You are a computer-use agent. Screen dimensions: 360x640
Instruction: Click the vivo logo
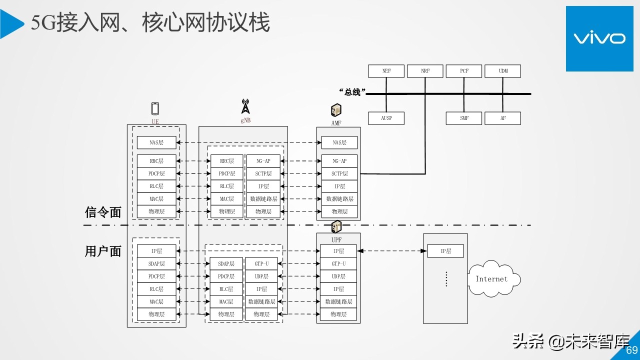pyautogui.click(x=599, y=38)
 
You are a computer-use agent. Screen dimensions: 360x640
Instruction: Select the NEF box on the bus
pyautogui.click(x=386, y=71)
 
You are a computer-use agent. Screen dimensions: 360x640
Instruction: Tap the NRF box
pyautogui.click(x=425, y=71)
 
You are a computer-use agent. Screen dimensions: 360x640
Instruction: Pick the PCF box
pyautogui.click(x=464, y=71)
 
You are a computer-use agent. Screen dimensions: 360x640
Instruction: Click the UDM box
pyautogui.click(x=502, y=71)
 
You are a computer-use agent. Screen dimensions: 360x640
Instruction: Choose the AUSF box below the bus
pyautogui.click(x=386, y=118)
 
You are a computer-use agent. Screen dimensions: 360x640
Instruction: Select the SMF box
pyautogui.click(x=464, y=118)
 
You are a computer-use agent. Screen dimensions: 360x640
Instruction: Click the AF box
pyautogui.click(x=502, y=118)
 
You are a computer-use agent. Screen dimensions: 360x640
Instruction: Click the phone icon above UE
pyautogui.click(x=155, y=108)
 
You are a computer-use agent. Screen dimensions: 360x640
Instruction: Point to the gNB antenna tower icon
pyautogui.click(x=245, y=106)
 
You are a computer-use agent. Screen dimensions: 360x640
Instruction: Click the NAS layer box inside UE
pyautogui.click(x=156, y=142)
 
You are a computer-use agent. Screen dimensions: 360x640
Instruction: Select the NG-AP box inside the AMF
pyautogui.click(x=339, y=161)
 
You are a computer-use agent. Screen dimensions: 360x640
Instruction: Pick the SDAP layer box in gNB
pyautogui.click(x=226, y=263)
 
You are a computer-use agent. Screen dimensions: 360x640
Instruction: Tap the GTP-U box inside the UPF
pyautogui.click(x=338, y=263)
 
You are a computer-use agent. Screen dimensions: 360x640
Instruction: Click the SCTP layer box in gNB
pyautogui.click(x=263, y=173)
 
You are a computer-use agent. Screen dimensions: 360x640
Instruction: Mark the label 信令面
pyautogui.click(x=103, y=212)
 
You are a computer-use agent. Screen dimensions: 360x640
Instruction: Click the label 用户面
pyautogui.click(x=103, y=251)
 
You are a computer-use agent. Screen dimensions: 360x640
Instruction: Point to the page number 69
pyautogui.click(x=632, y=350)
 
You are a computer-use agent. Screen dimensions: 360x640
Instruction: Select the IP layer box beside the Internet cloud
pyautogui.click(x=445, y=251)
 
